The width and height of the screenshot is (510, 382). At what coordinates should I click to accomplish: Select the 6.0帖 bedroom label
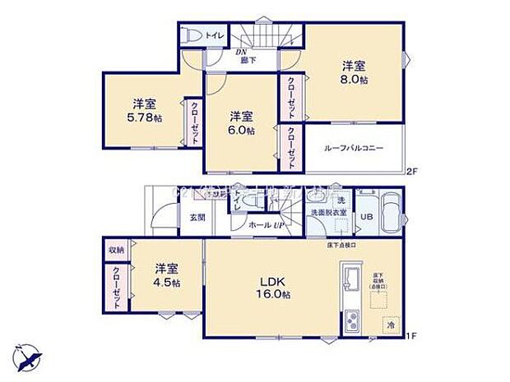(242, 130)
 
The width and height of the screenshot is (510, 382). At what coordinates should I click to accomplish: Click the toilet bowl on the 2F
(194, 36)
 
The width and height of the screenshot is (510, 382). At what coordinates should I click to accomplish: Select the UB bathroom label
(367, 217)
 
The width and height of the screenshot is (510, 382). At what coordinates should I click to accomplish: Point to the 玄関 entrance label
(197, 218)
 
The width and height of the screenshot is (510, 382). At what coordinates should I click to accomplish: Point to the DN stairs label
(243, 53)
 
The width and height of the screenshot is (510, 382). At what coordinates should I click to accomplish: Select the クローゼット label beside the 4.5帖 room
(117, 288)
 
